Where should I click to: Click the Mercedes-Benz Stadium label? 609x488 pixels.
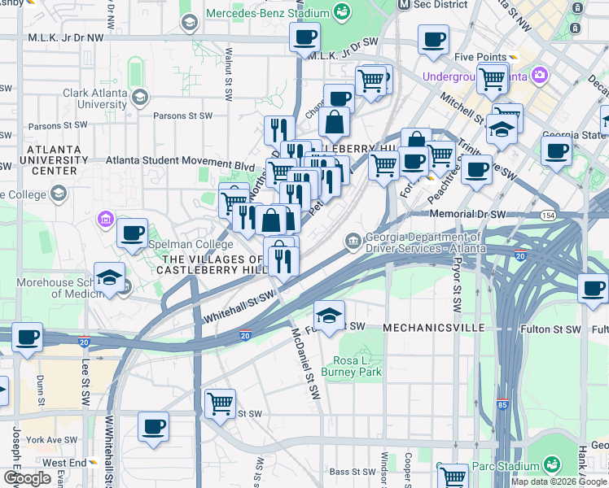(x=266, y=13)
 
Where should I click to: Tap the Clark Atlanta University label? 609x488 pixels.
(x=95, y=98)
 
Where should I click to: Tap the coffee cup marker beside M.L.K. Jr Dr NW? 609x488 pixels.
(x=304, y=37)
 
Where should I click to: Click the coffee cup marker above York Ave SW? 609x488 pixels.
(x=153, y=427)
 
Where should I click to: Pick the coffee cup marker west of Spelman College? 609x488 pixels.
(x=132, y=233)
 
